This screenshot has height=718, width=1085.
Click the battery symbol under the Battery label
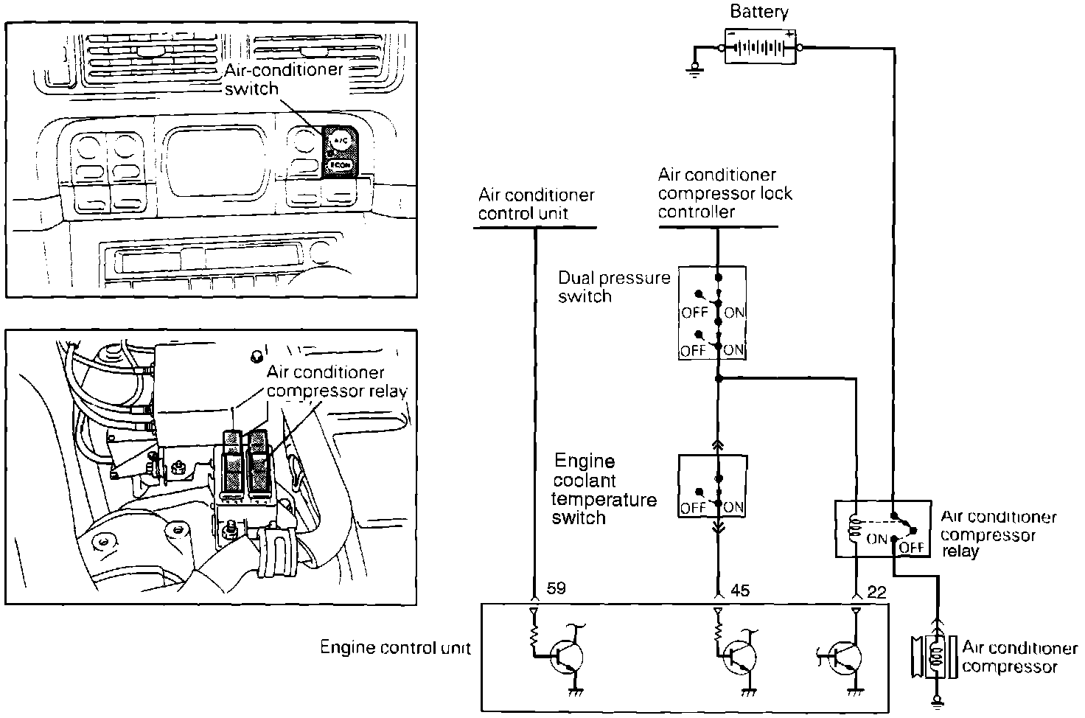[x=761, y=48]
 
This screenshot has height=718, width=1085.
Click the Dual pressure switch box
[x=712, y=313]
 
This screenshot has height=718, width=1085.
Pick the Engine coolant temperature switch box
[x=712, y=486]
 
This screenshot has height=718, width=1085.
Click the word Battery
[x=759, y=12]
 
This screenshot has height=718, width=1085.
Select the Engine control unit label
[x=395, y=648]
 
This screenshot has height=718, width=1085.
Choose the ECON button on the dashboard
[x=340, y=165]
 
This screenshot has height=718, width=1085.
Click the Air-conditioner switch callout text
[x=283, y=79]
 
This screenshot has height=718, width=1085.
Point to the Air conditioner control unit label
[x=536, y=204]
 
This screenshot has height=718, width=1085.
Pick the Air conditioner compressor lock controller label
[x=725, y=193]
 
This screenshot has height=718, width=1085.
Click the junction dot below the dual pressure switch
[x=719, y=379]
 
